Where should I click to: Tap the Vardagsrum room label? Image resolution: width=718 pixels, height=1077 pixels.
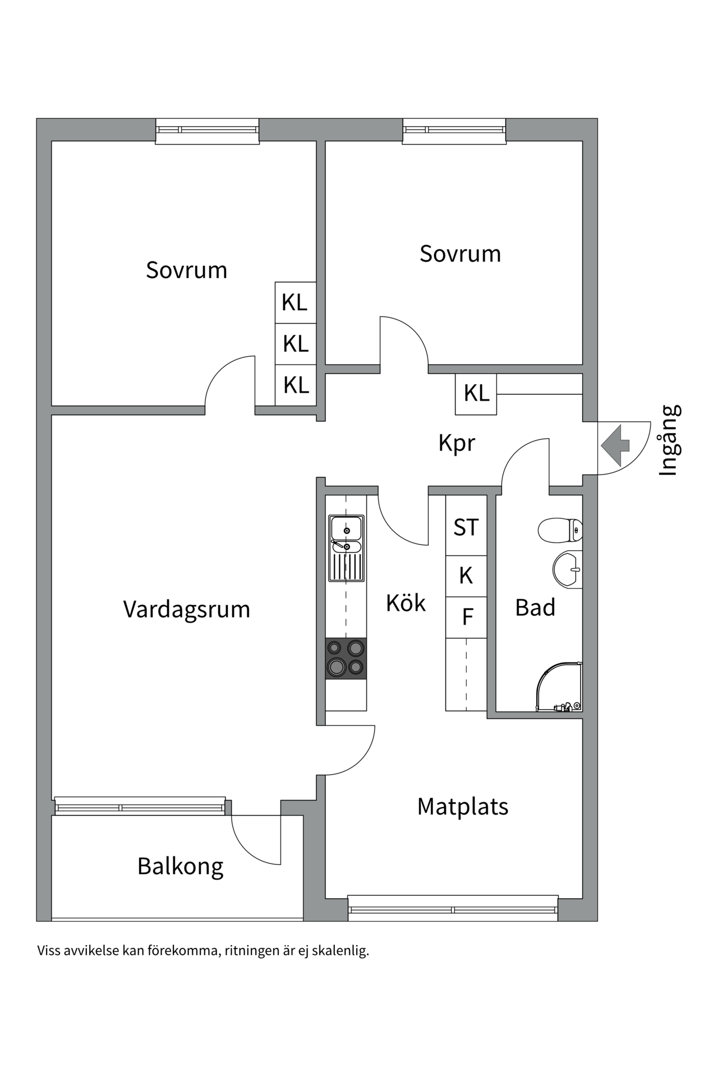[186, 609]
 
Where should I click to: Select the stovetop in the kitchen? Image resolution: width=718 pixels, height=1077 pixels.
[346, 658]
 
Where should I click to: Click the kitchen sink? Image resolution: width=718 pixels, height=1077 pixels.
[346, 548]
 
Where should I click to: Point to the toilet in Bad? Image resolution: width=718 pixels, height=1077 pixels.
[560, 530]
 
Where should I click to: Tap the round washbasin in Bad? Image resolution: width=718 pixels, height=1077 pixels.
[567, 570]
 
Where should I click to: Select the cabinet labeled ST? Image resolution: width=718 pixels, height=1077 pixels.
[466, 527]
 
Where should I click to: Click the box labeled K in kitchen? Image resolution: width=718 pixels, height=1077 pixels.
[466, 576]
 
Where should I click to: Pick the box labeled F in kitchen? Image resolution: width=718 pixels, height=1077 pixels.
[467, 617]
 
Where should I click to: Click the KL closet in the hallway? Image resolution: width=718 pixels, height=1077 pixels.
[476, 394]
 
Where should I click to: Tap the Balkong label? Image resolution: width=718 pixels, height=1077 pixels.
[180, 867]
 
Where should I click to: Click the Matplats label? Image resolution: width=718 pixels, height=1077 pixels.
[463, 807]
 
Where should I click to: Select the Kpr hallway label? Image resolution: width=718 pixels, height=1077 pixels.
[457, 443]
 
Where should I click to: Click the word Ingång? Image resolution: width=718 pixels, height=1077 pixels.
[669, 440]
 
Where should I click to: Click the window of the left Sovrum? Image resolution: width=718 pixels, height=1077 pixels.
[207, 131]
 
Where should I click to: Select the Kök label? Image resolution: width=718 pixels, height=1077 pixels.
[406, 603]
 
